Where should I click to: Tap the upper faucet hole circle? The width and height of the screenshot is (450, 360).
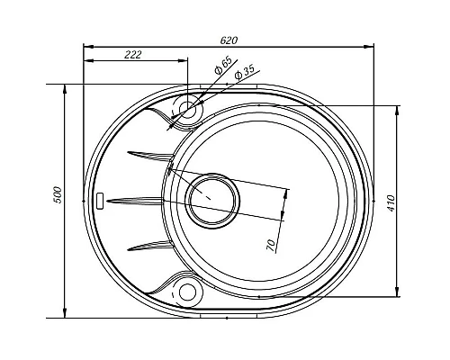[x=188, y=110]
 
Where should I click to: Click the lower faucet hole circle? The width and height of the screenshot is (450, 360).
[x=188, y=291]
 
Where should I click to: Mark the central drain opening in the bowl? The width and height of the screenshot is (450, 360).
[x=210, y=194]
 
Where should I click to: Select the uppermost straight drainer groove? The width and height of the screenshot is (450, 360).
[x=148, y=152]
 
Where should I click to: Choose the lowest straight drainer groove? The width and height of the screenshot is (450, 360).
[x=148, y=244]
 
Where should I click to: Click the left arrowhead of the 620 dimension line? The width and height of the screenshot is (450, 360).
[x=87, y=46]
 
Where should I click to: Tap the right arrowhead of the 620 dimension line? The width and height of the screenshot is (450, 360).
[x=372, y=46]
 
